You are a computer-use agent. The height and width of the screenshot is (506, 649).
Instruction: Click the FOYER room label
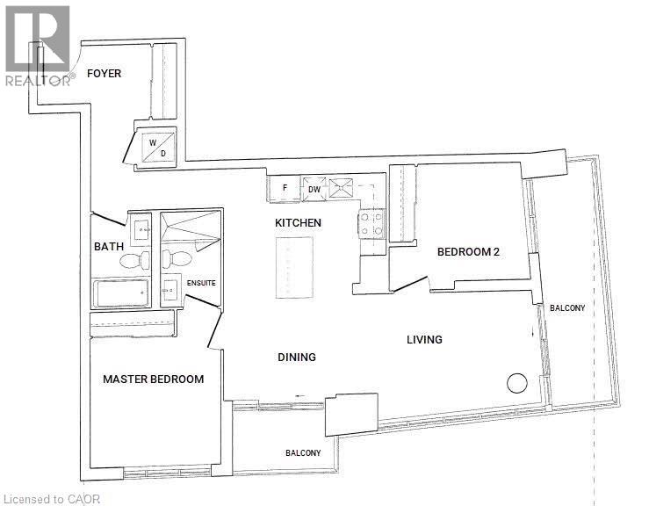pyautogui.click(x=104, y=74)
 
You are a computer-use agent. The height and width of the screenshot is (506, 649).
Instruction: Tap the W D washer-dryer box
pyautogui.click(x=157, y=147)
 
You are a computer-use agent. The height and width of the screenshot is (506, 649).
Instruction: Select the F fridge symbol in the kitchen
pyautogui.click(x=285, y=188)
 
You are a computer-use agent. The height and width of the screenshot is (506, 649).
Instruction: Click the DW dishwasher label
pyautogui.click(x=314, y=189)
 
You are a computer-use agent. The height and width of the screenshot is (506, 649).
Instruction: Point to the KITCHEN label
pyautogui.click(x=298, y=223)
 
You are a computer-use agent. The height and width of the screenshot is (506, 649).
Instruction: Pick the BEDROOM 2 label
pyautogui.click(x=468, y=252)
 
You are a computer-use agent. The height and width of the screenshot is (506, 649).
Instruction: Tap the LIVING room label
pyautogui.click(x=424, y=340)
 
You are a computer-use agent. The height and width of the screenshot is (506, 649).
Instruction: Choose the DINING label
pyautogui.click(x=296, y=358)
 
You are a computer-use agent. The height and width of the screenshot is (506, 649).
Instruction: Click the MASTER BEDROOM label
pyautogui.click(x=153, y=379)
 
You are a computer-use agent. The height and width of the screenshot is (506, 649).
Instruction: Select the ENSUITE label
pyautogui.click(x=200, y=283)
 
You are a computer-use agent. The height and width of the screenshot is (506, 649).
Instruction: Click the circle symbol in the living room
pyautogui.click(x=516, y=384)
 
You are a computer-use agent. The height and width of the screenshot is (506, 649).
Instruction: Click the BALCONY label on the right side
pyautogui.click(x=566, y=308)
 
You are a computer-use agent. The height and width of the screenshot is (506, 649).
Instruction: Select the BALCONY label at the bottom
pyautogui.click(x=302, y=453)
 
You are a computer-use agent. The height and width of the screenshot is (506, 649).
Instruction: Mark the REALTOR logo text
pyautogui.click(x=38, y=80)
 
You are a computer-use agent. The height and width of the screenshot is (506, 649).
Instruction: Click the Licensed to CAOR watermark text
pyautogui.click(x=53, y=498)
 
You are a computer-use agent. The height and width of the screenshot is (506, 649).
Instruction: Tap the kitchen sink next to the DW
pyautogui.click(x=339, y=187)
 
